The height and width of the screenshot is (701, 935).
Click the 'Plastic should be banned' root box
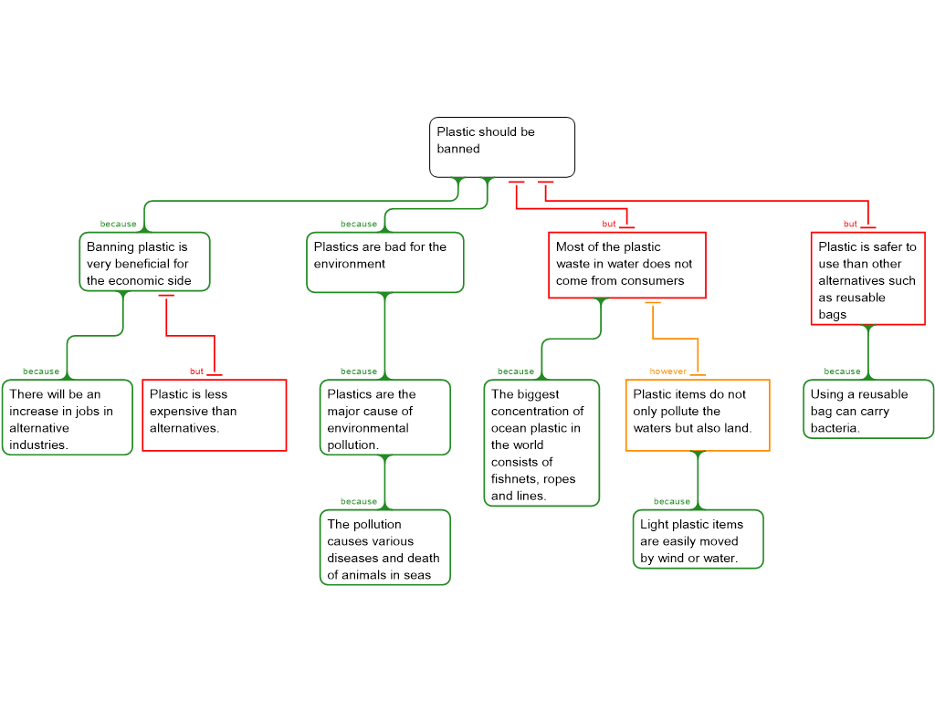(501, 146)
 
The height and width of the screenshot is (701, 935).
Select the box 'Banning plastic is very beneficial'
(144, 262)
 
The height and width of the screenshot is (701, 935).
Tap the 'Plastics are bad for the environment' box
(384, 262)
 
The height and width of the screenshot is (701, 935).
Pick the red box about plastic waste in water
(626, 265)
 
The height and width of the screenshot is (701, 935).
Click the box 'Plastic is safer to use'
(867, 279)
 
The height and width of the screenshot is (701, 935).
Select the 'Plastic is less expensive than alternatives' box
(214, 414)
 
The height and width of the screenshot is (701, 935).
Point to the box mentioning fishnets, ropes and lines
(541, 444)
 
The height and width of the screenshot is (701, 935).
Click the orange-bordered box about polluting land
(697, 414)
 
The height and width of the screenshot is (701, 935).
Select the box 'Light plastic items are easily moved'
(698, 539)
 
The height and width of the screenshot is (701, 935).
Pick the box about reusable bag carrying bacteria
(868, 409)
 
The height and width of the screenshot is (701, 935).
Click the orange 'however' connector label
(667, 371)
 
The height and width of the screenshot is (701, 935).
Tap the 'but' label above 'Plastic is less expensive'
(196, 371)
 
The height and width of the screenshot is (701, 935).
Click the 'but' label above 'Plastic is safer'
(850, 224)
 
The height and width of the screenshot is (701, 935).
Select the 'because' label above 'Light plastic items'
(672, 501)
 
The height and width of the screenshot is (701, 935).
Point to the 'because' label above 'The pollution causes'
(359, 501)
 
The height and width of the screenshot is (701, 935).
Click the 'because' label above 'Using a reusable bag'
(842, 371)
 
